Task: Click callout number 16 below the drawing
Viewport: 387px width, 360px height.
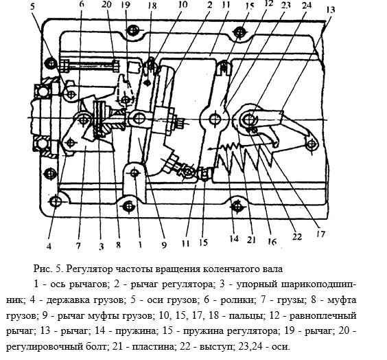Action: [x=272, y=242]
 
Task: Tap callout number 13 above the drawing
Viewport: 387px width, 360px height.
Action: [x=330, y=10]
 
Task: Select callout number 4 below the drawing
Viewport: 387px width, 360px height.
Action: [x=49, y=246]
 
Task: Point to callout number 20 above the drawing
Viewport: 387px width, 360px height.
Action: [x=106, y=4]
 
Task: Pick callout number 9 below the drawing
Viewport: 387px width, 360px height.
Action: [x=164, y=245]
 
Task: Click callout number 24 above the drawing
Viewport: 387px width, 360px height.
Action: [x=307, y=5]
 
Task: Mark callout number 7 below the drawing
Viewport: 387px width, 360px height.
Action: [x=78, y=246]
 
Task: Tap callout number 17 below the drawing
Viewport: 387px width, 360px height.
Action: [x=320, y=234]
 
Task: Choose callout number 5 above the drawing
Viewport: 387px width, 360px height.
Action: [x=33, y=6]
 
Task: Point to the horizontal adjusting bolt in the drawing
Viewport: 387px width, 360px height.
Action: [x=91, y=65]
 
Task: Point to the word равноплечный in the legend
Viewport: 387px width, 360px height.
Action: [x=322, y=316]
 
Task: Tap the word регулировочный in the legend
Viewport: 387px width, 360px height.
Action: [x=43, y=347]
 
